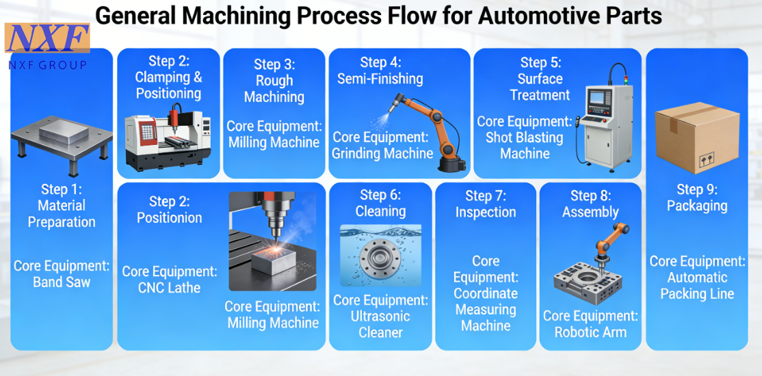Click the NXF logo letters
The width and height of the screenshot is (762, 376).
(x=47, y=39)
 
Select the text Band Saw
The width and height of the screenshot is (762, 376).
(x=62, y=282)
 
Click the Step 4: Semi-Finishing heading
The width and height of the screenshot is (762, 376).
(x=380, y=70)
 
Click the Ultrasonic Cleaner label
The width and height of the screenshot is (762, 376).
(x=381, y=324)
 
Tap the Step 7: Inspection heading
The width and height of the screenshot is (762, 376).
(x=486, y=204)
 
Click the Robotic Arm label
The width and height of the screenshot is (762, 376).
(x=590, y=332)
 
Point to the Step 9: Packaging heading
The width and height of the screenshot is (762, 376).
(x=697, y=197)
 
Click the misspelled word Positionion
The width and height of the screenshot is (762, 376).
(x=170, y=217)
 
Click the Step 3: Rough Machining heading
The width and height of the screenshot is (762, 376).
(x=274, y=81)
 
